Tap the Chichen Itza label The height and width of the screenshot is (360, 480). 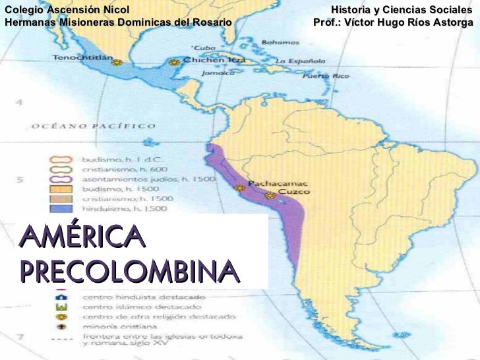point(214,61)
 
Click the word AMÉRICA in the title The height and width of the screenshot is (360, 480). point(81,236)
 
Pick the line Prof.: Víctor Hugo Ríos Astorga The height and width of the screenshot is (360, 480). point(393,22)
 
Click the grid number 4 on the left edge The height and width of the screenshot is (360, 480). point(20,103)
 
